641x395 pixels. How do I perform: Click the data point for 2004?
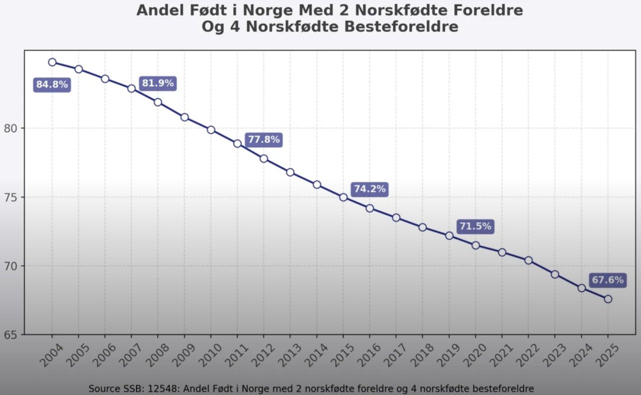(52, 62)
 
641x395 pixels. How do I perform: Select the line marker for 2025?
(608, 299)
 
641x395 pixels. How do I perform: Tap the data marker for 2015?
(343, 197)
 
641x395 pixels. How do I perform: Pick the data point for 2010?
(211, 130)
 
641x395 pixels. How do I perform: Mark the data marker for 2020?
(476, 245)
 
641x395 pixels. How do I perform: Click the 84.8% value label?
(52, 85)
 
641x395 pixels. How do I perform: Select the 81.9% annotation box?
(158, 83)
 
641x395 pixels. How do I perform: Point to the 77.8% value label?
(264, 140)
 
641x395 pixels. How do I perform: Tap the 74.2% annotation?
(370, 189)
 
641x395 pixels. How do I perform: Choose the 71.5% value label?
(475, 226)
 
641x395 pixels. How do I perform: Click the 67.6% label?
(608, 280)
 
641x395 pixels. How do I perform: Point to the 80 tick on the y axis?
(14, 128)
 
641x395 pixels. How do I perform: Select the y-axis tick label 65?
(14, 334)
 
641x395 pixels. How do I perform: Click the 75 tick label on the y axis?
(14, 197)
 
